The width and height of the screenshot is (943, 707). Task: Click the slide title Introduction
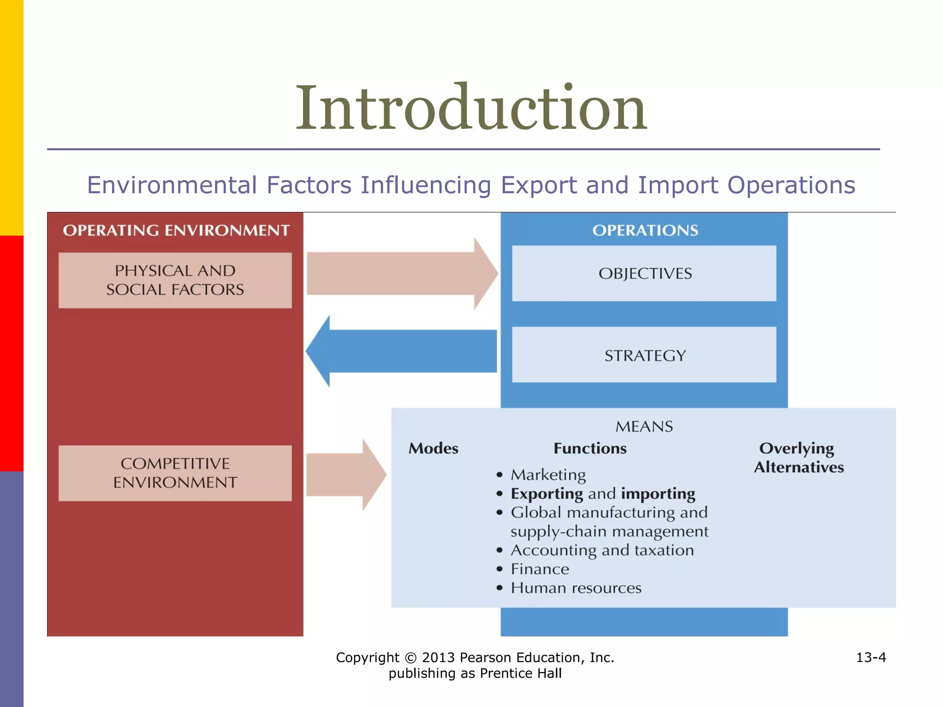[471, 109]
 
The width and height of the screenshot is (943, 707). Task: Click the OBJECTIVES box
[644, 273]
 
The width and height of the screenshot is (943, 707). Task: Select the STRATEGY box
[644, 355]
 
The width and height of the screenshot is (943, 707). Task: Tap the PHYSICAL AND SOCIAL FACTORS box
[175, 280]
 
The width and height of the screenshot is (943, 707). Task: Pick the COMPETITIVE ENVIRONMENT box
[175, 473]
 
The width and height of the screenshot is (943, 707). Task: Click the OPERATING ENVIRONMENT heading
[176, 230]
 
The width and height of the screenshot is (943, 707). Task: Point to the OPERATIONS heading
[645, 230]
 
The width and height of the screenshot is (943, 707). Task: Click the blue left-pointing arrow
[401, 351]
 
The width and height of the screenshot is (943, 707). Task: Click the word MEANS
[644, 427]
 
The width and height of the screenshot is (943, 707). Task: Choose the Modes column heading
[433, 448]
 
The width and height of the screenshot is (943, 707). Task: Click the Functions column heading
[590, 448]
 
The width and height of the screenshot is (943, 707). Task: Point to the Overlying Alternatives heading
[798, 458]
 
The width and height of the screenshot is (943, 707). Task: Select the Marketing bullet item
[548, 475]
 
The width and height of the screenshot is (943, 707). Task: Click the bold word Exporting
[547, 494]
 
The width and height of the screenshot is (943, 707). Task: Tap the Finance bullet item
[540, 569]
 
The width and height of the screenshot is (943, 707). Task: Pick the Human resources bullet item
[576, 588]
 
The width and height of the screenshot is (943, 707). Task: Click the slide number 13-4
[870, 657]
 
